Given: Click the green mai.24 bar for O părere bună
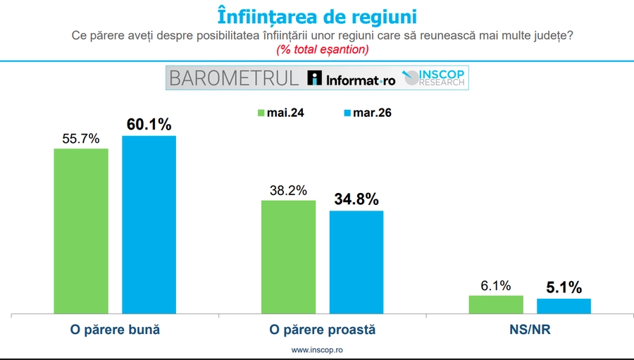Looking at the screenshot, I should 81,230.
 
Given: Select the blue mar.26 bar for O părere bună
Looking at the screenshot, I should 149,224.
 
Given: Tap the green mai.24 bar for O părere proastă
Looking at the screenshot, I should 288,256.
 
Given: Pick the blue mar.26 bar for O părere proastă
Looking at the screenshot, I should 356,261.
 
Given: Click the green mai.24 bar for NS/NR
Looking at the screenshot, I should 495,304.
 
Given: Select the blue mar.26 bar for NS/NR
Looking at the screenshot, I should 564,306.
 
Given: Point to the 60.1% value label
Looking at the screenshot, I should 149,125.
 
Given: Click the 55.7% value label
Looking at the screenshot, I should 81,138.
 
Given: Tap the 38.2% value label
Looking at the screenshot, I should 288,190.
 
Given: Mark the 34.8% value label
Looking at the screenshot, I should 356,199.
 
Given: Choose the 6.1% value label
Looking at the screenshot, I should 495,285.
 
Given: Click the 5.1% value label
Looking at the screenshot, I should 564,287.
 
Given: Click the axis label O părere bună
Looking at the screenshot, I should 115,330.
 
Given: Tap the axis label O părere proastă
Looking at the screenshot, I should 323,330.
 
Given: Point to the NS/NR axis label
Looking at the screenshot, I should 530,330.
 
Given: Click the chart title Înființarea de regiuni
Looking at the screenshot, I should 316,15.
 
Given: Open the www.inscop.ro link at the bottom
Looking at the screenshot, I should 316,350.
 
